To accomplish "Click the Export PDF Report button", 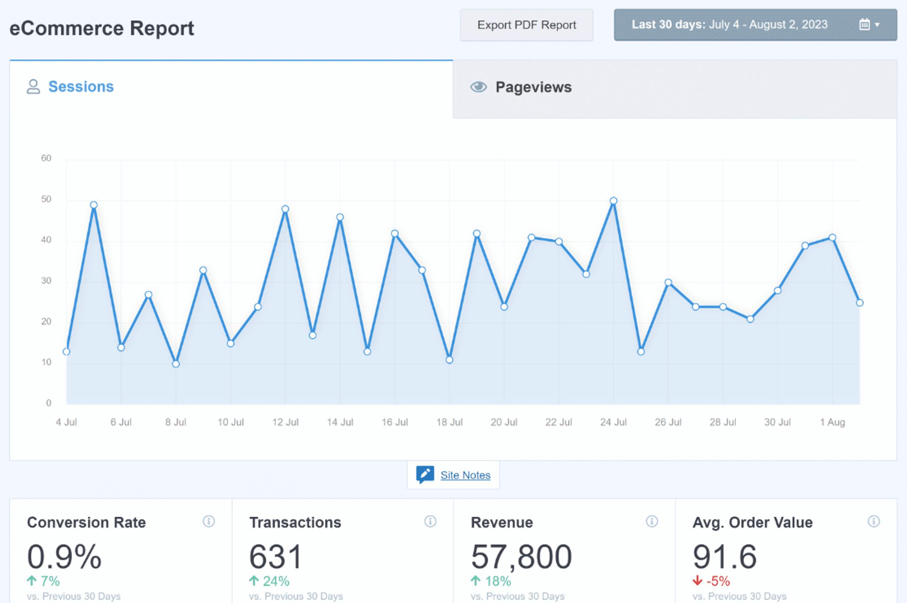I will click(x=526, y=25).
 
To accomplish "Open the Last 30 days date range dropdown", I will click(x=755, y=25).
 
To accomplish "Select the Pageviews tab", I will click(x=533, y=87).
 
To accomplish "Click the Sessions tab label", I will click(x=81, y=87).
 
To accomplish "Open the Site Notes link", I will click(x=465, y=475).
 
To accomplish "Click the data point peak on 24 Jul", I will click(x=613, y=201).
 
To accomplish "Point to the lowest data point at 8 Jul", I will click(x=176, y=364).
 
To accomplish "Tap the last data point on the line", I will click(x=859, y=303).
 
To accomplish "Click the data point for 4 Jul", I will click(x=67, y=351).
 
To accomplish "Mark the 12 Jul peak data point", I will click(x=285, y=209).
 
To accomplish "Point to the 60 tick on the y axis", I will click(x=46, y=158).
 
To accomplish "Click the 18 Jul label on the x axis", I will click(x=449, y=422).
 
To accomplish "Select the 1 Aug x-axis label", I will click(x=832, y=422).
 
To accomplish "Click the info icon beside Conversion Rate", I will click(x=208, y=521).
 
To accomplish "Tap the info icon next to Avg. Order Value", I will click(x=873, y=521).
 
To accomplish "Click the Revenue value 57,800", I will click(x=521, y=556).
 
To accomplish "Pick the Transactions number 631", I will click(x=275, y=556).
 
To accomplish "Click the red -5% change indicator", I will click(x=712, y=581).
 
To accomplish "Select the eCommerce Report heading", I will click(x=102, y=28).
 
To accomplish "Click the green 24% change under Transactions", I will click(x=270, y=581).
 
